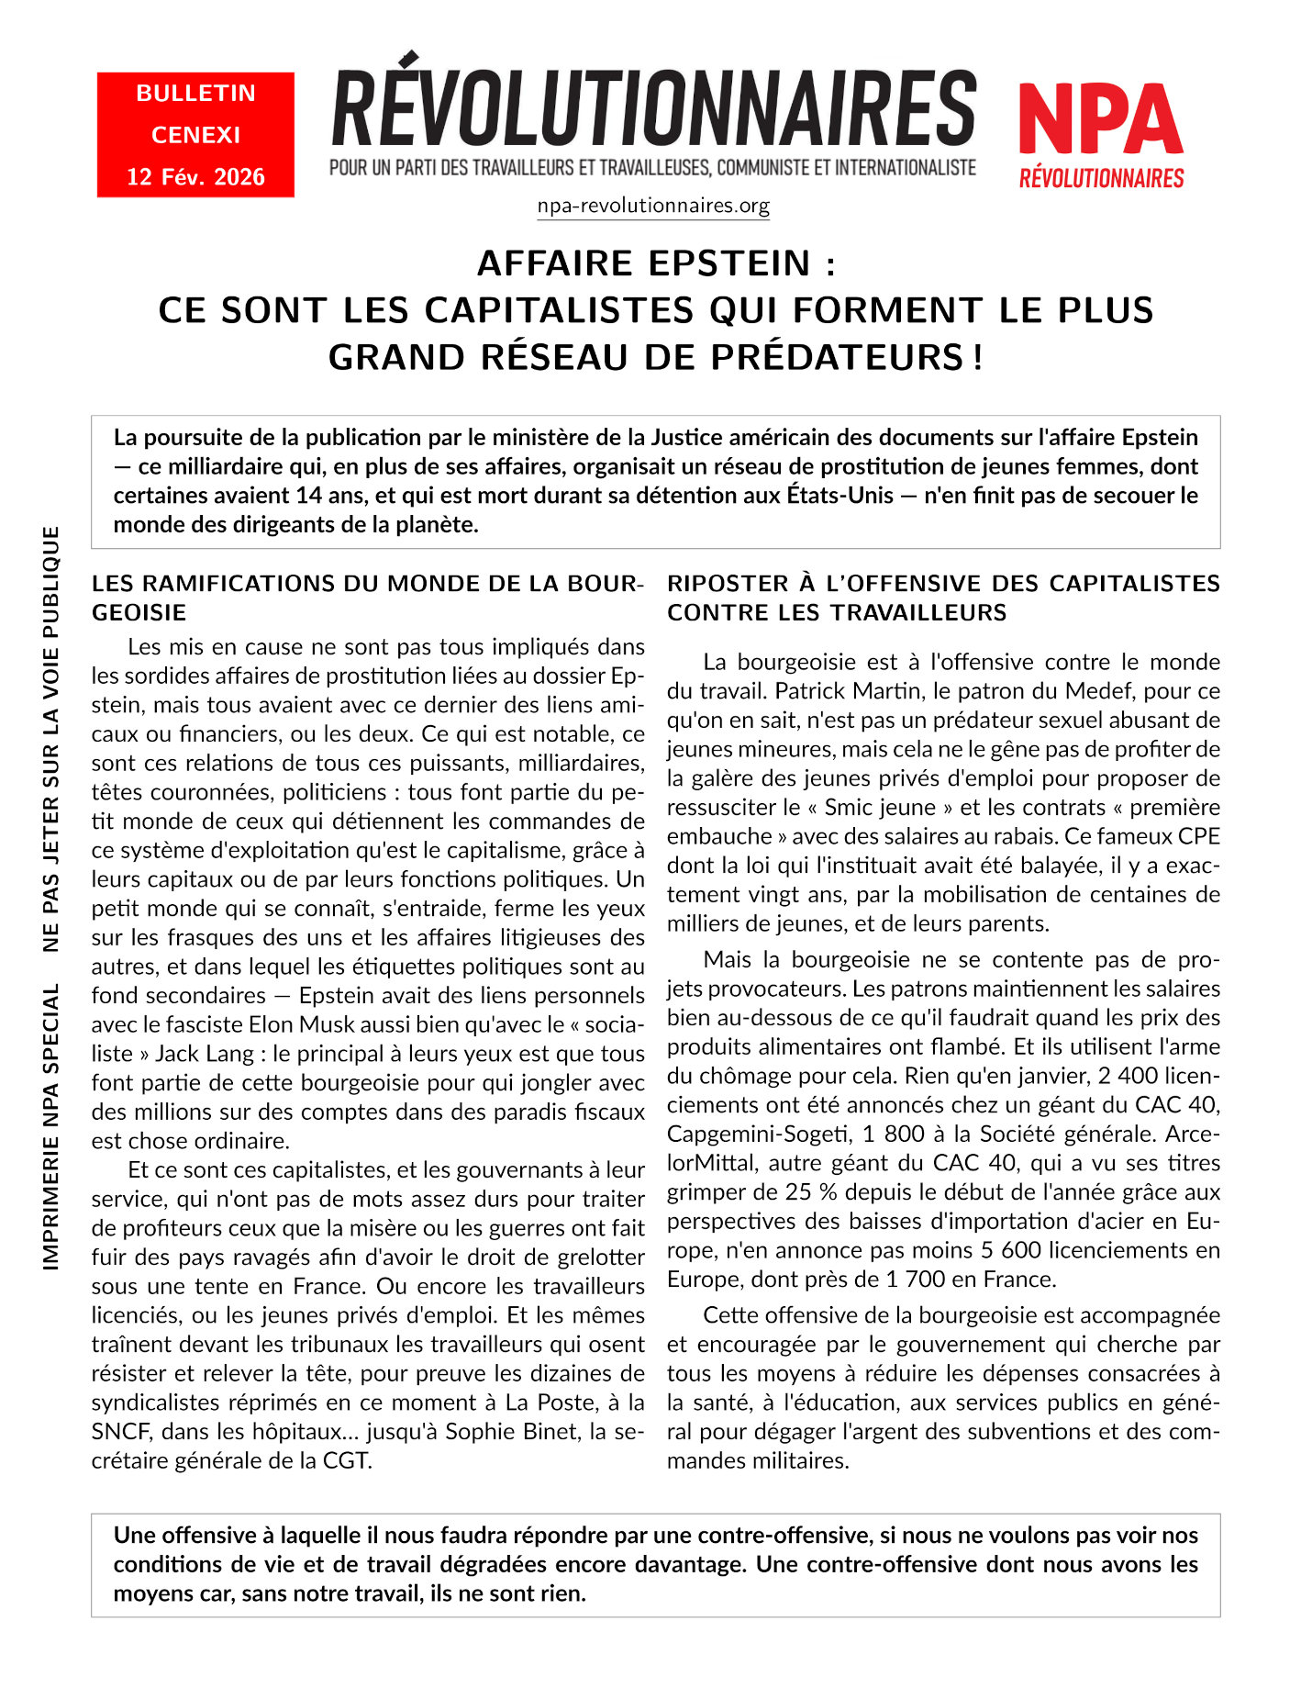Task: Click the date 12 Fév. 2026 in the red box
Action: pyautogui.click(x=195, y=176)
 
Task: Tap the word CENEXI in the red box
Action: pyautogui.click(x=195, y=135)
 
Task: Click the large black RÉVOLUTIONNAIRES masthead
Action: pyautogui.click(x=653, y=108)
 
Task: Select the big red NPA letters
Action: pyautogui.click(x=1100, y=120)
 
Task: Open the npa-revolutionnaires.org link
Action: pyautogui.click(x=653, y=206)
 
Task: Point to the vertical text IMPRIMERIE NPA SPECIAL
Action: pyautogui.click(x=51, y=1127)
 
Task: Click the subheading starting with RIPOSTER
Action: pyautogui.click(x=943, y=598)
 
